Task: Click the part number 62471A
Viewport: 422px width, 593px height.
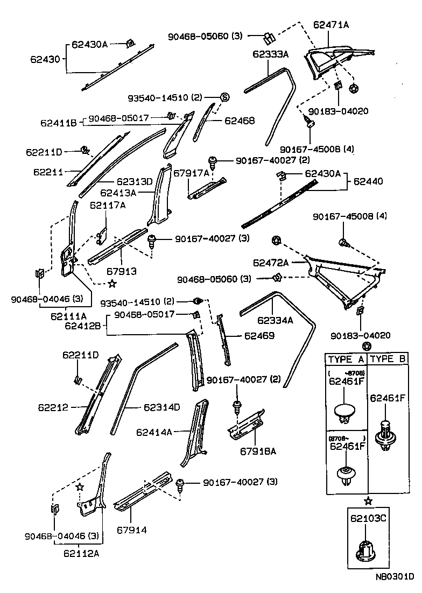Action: (x=331, y=24)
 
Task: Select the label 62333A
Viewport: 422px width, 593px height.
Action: (x=271, y=54)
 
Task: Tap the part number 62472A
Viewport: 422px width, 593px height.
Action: (x=271, y=263)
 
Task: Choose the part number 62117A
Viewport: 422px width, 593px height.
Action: (x=108, y=204)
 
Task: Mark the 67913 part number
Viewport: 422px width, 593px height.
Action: (x=121, y=272)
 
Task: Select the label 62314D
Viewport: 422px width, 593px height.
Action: (x=161, y=407)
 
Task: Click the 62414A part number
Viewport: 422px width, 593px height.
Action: (x=154, y=432)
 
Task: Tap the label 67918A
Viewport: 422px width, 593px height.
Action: (x=258, y=451)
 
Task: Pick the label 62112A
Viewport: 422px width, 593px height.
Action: (x=82, y=553)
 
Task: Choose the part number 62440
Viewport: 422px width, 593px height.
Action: (x=368, y=181)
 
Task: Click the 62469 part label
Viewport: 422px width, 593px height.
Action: (x=259, y=336)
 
